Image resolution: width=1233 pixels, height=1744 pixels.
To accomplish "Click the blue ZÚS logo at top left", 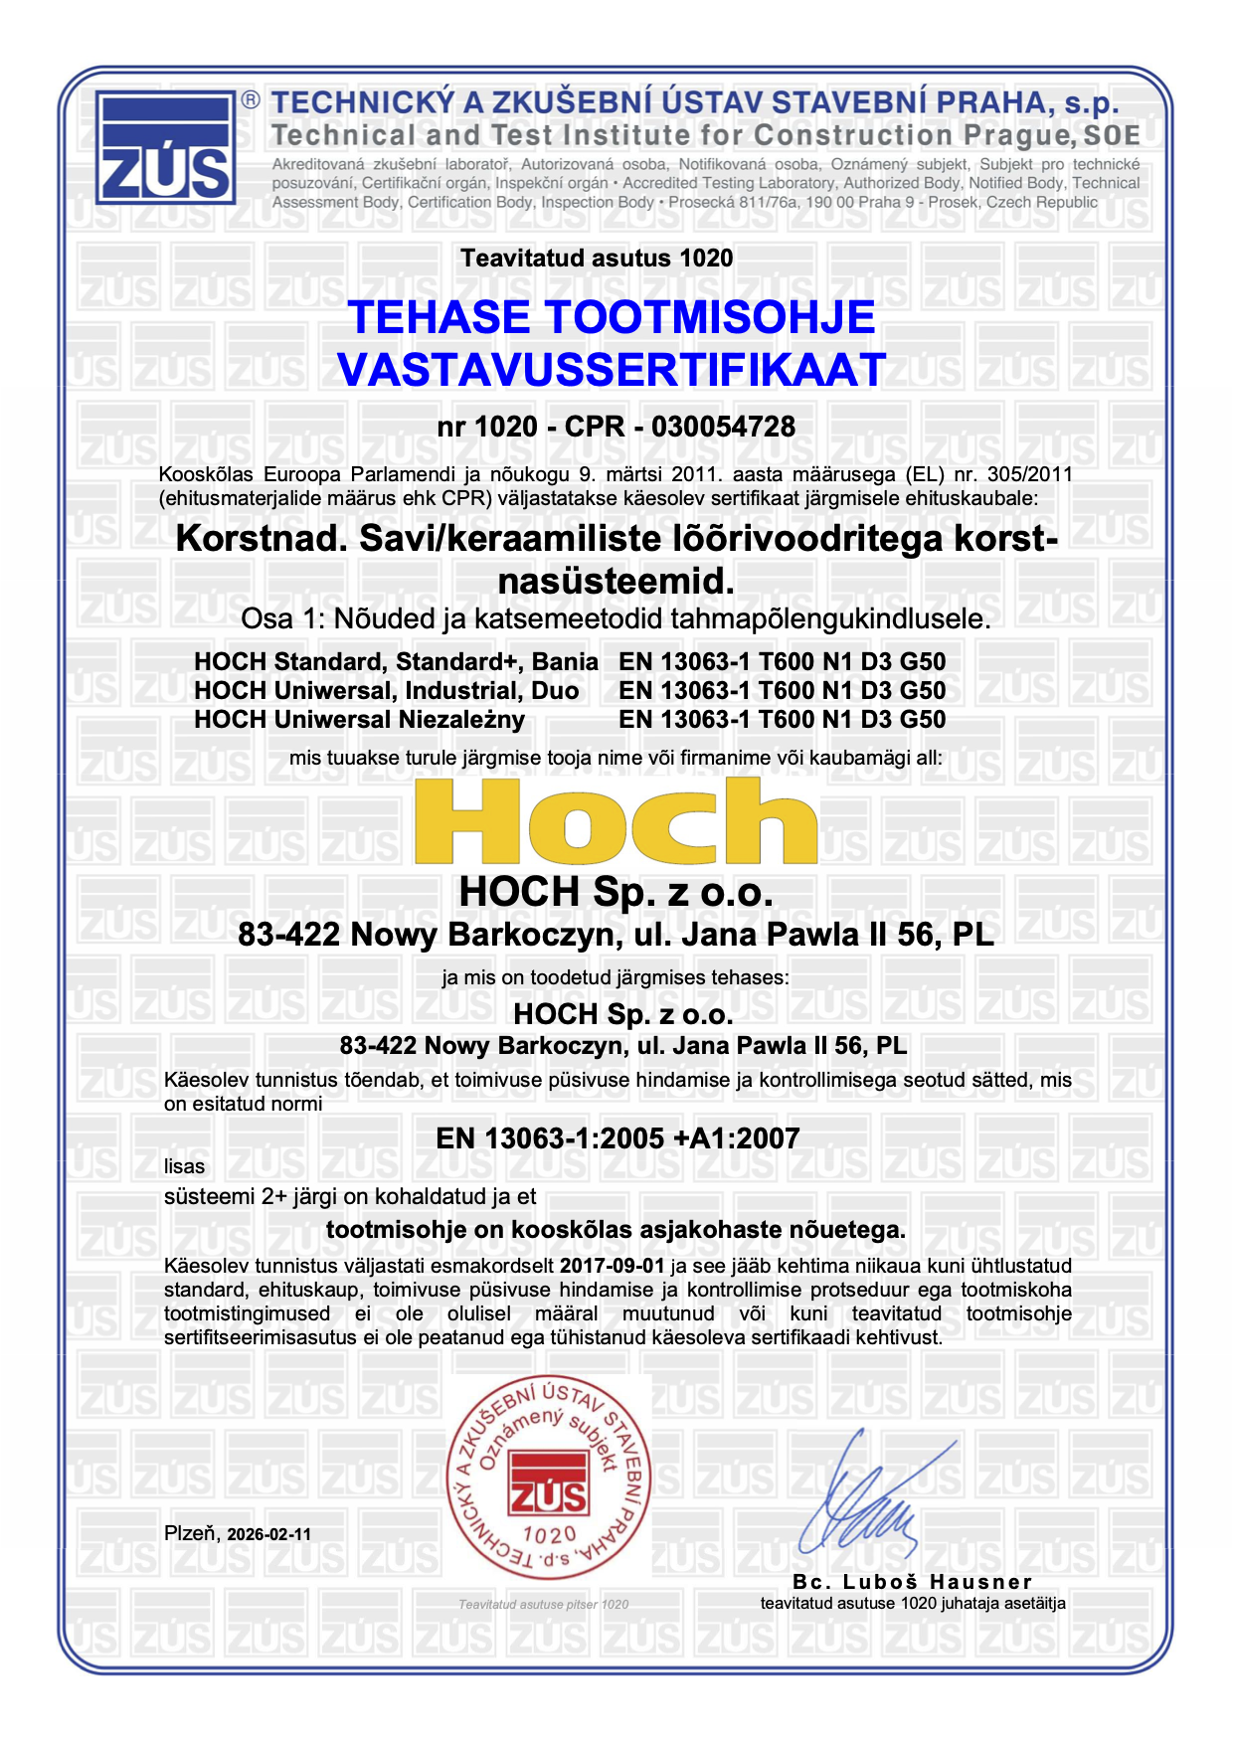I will pos(166,147).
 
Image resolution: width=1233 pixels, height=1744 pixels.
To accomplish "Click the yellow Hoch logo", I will pos(616,821).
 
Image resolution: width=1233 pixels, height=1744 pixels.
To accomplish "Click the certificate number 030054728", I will pos(723,427).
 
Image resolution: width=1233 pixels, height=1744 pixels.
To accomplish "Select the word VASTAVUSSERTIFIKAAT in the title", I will pos(611,370).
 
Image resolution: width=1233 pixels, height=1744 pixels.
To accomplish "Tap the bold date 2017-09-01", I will pos(612,1266).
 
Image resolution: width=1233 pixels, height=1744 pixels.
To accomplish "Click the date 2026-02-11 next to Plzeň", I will pos(268,1534).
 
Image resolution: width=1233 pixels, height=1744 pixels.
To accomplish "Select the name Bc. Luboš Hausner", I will pos(912,1582).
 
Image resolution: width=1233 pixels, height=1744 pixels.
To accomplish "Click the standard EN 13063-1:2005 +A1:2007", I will pos(617,1138).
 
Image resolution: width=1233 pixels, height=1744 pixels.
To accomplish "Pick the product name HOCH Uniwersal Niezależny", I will pos(359,719).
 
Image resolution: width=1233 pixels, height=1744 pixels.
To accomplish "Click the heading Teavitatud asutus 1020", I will pos(597,259).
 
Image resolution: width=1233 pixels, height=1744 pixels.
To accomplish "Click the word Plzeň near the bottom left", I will pos(191,1533).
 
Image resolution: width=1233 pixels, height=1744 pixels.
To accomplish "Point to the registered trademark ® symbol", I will pos(251,99).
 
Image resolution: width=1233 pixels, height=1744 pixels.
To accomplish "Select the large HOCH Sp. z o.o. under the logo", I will pos(616,892).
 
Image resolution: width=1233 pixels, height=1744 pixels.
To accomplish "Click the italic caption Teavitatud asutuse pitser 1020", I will pos(543,1604).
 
